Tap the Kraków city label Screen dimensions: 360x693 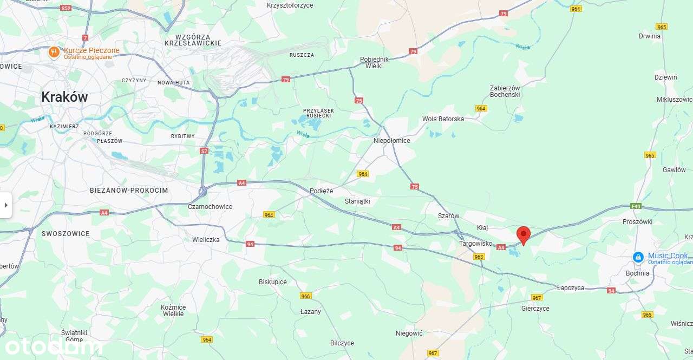(64, 97)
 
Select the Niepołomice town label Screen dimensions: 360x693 (391, 141)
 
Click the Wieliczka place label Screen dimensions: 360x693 (206, 239)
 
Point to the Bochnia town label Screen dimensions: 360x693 (637, 273)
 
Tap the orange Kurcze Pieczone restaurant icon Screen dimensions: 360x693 (54, 52)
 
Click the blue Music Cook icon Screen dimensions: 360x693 (638, 257)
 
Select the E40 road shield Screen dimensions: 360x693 (636, 206)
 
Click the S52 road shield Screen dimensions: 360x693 (66, 8)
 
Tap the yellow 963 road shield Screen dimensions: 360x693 (478, 257)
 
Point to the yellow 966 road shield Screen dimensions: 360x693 (306, 296)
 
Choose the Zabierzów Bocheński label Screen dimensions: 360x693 (505, 91)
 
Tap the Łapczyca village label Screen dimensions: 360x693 (571, 288)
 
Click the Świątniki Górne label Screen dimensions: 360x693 (74, 336)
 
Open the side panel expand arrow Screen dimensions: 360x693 (6, 205)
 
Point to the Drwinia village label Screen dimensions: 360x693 (649, 36)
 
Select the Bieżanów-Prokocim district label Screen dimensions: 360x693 (129, 191)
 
